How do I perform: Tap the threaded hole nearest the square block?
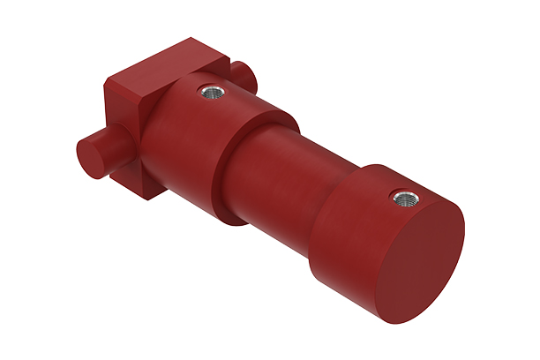(210, 90)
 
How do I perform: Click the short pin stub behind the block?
(242, 76)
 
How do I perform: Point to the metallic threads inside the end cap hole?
(407, 199)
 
